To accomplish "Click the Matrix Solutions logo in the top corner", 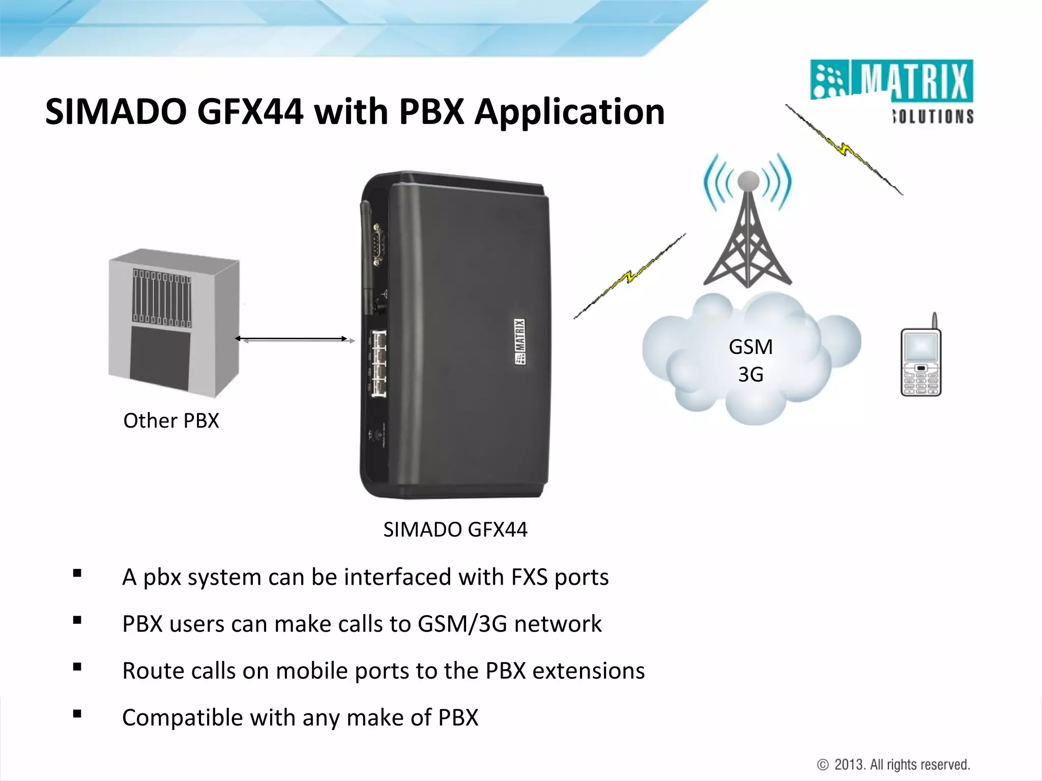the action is tap(891, 92).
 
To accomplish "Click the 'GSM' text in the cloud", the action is tap(750, 347).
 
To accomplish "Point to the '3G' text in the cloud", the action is tap(750, 375).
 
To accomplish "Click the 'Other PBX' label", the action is tap(171, 421).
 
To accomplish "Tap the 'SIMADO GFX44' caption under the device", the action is tap(455, 530).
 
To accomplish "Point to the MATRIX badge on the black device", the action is tap(519, 341).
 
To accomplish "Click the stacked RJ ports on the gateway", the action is tap(378, 363).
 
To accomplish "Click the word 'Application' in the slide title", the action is tap(569, 112).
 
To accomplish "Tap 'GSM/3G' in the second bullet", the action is tap(462, 624).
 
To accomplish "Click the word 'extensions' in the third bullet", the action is tap(588, 671).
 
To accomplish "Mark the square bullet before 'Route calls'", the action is tap(77, 667).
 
